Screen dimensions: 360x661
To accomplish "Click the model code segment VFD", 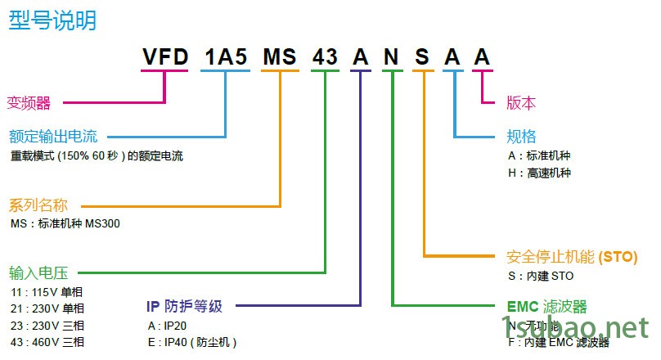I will [165, 57].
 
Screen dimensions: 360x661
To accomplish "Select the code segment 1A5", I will [226, 57].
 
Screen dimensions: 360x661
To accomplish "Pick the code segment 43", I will [326, 57].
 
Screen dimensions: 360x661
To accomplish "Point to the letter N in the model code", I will [392, 57].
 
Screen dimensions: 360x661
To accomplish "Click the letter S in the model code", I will [422, 57].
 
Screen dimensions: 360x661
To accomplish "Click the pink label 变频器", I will [29, 103].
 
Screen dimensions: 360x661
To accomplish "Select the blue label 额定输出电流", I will [53, 137].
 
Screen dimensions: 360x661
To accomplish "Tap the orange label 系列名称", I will [38, 205].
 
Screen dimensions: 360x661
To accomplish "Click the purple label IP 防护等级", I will [184, 306].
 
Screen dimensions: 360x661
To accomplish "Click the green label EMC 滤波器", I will [547, 307].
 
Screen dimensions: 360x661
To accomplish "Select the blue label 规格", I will [521, 137].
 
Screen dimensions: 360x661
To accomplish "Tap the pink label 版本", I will [521, 103].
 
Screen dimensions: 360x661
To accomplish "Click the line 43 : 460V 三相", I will [47, 342].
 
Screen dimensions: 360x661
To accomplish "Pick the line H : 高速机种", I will [539, 173].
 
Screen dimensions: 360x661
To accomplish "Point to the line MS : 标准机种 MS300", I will [65, 223].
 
